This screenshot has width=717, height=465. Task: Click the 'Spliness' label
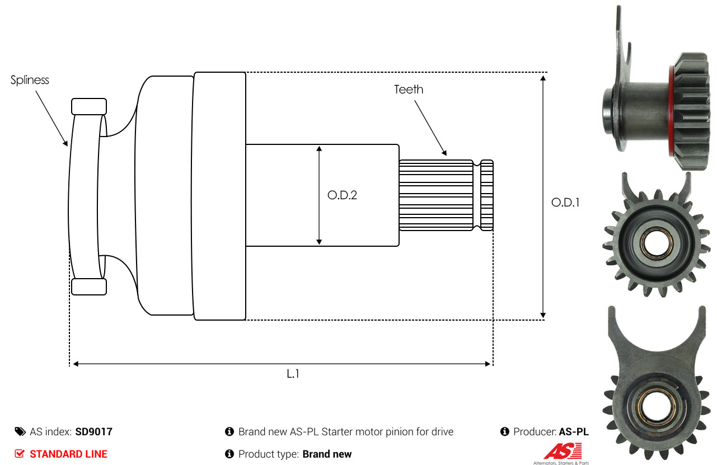30,80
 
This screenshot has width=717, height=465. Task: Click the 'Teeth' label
409,90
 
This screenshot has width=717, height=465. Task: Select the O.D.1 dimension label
565,203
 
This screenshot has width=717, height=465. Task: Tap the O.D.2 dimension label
342,195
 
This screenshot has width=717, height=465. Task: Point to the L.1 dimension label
293,374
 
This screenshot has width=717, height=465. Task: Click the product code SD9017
93,432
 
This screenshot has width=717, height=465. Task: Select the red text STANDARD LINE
68,454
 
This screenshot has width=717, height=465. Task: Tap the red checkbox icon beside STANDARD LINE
20,454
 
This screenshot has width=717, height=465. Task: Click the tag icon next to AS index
20,432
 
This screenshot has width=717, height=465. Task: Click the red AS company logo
563,450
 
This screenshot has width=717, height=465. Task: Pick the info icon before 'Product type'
229,454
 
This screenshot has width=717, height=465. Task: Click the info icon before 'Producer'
504,432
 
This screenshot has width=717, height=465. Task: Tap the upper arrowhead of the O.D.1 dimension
542,78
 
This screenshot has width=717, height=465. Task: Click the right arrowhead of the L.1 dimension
488,364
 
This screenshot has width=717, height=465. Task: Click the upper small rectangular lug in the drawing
89,106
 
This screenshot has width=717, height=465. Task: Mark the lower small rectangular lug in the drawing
89,286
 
